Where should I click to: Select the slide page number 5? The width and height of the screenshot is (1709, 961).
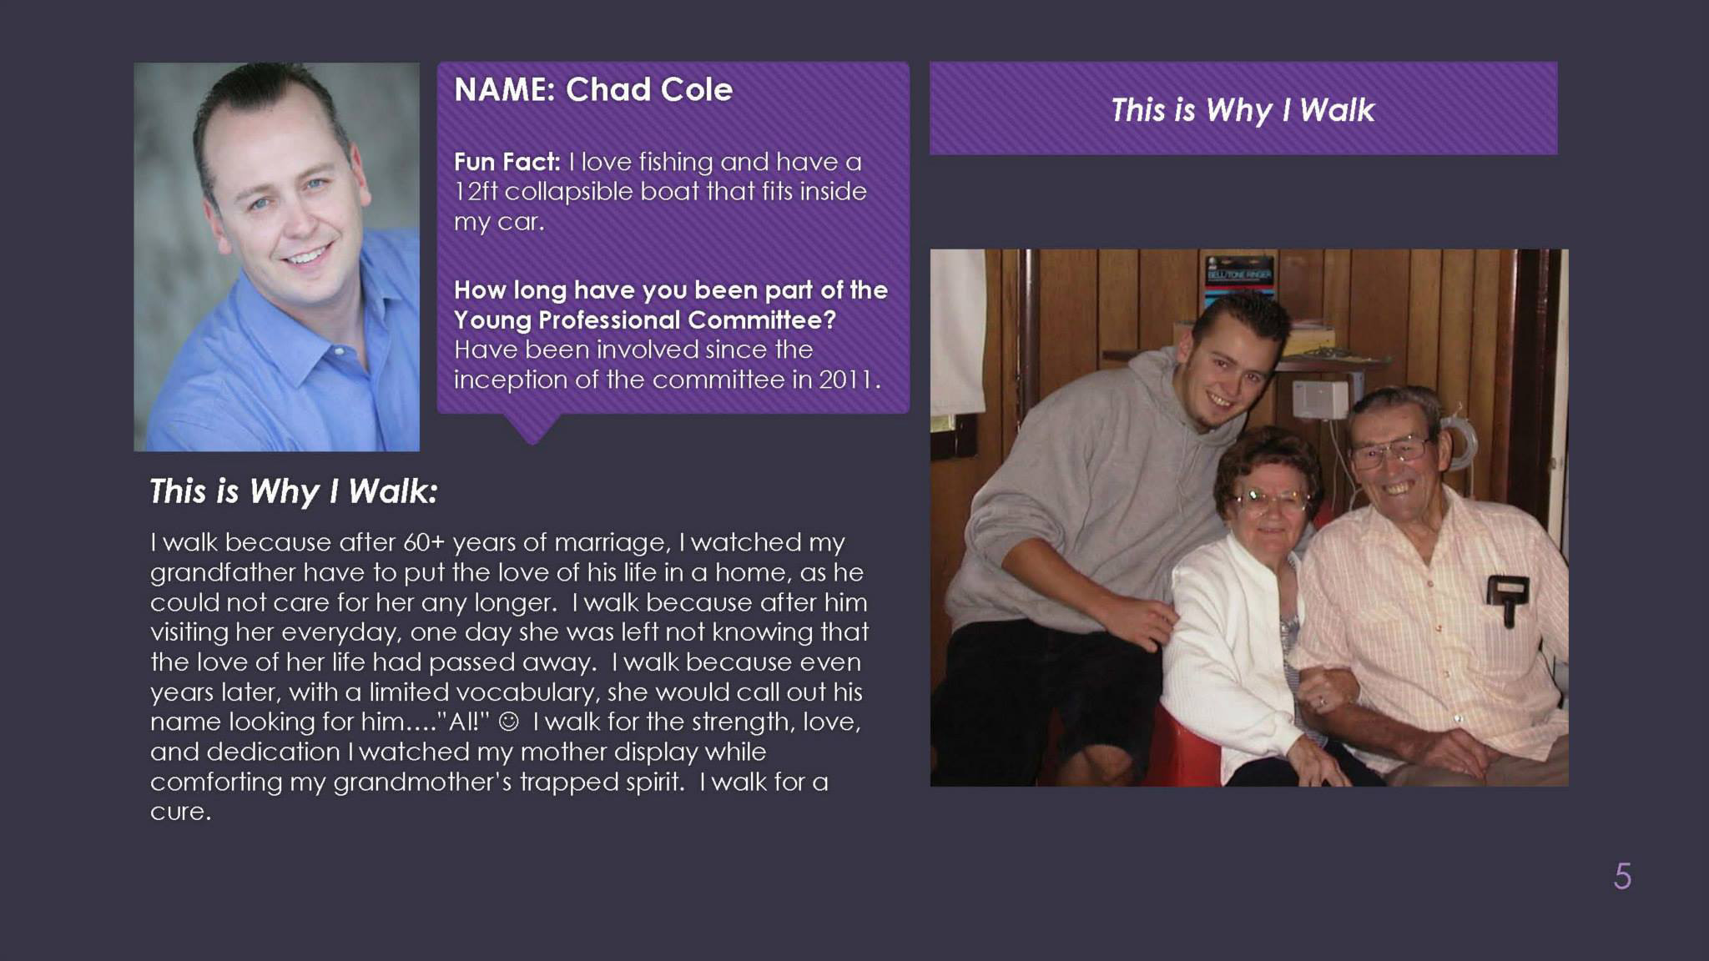[x=1622, y=876]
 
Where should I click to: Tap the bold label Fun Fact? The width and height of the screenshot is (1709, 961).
[x=507, y=161]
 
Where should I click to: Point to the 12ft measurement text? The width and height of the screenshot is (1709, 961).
[x=476, y=191]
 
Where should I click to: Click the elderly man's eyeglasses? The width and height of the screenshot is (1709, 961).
[x=1389, y=451]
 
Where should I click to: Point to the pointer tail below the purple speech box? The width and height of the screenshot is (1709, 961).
[x=532, y=428]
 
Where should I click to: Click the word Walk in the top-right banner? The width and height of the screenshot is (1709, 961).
[x=1337, y=110]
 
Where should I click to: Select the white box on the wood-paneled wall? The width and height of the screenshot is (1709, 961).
[x=1320, y=399]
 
